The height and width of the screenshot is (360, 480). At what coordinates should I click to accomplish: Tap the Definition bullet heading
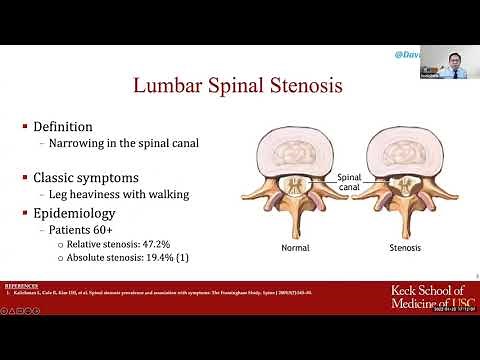[63, 127]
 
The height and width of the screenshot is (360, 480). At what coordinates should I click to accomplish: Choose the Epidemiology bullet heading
[75, 212]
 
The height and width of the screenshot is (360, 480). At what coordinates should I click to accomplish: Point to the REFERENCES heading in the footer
[21, 285]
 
